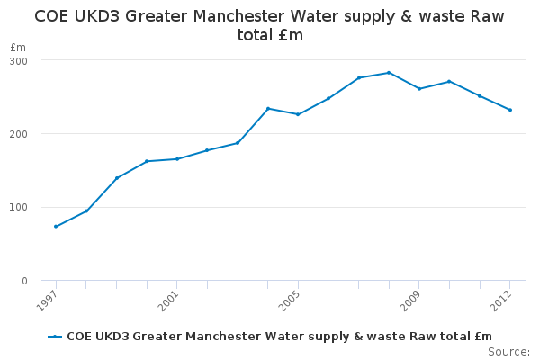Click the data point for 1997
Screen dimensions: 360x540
[x=56, y=226]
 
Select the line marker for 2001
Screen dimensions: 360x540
[x=177, y=159]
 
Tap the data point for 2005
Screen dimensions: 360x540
[x=298, y=114]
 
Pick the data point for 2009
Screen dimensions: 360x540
[x=419, y=88]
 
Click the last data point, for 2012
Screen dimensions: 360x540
[x=510, y=110]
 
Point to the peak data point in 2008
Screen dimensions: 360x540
[x=389, y=73]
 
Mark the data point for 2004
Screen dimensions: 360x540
[x=268, y=108]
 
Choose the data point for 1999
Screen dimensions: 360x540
[x=117, y=178]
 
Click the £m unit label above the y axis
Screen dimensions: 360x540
[x=18, y=47]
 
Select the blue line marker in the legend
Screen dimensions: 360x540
[x=56, y=336]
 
